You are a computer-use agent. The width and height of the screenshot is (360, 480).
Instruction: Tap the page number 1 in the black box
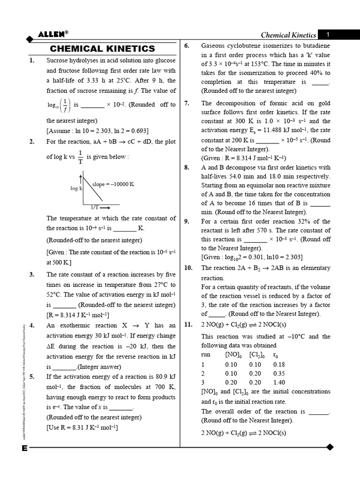(328, 35)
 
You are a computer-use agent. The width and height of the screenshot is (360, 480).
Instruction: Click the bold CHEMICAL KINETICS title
(102, 49)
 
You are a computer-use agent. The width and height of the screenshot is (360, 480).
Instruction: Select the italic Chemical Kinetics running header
(288, 35)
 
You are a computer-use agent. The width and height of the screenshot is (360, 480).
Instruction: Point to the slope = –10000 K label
(113, 184)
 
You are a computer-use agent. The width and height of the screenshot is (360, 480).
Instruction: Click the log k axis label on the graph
(76, 188)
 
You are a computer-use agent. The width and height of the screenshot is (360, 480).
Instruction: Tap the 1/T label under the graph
(94, 207)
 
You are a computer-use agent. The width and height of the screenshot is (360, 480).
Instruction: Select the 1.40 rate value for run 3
(278, 382)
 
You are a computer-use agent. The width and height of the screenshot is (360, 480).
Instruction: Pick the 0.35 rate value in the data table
(278, 373)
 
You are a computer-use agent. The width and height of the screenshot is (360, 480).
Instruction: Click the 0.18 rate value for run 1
(278, 364)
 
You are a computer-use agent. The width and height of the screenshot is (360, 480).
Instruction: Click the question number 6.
(186, 45)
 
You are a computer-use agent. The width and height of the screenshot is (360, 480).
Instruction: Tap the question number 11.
(188, 325)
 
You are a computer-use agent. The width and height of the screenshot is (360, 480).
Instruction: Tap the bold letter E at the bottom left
(24, 448)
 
